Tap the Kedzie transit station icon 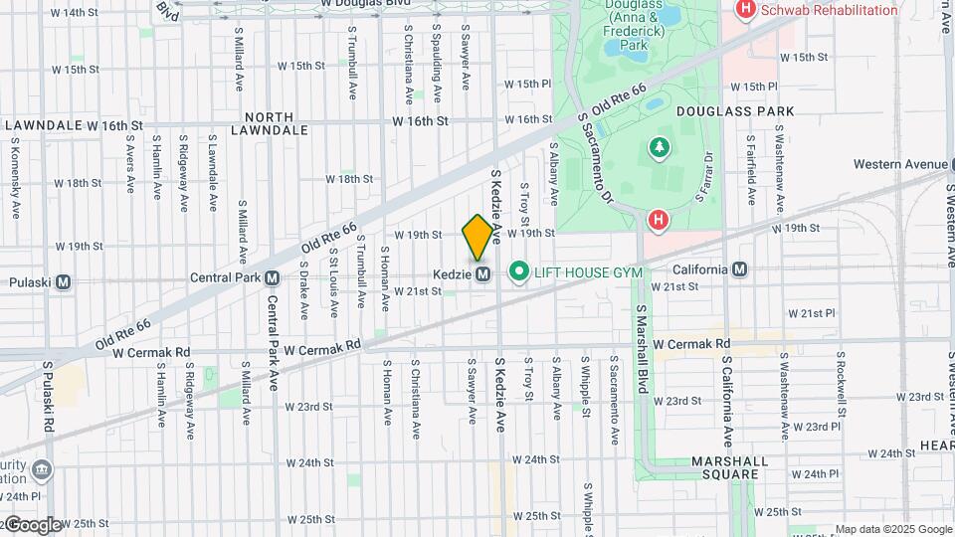point(483,273)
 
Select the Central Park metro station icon point(272,278)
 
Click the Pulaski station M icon point(64,282)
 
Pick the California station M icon point(739,269)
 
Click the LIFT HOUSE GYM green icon point(518,271)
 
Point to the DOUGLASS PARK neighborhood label point(735,111)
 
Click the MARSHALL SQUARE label point(729,468)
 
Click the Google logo point(33,525)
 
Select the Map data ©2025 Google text point(893,529)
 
